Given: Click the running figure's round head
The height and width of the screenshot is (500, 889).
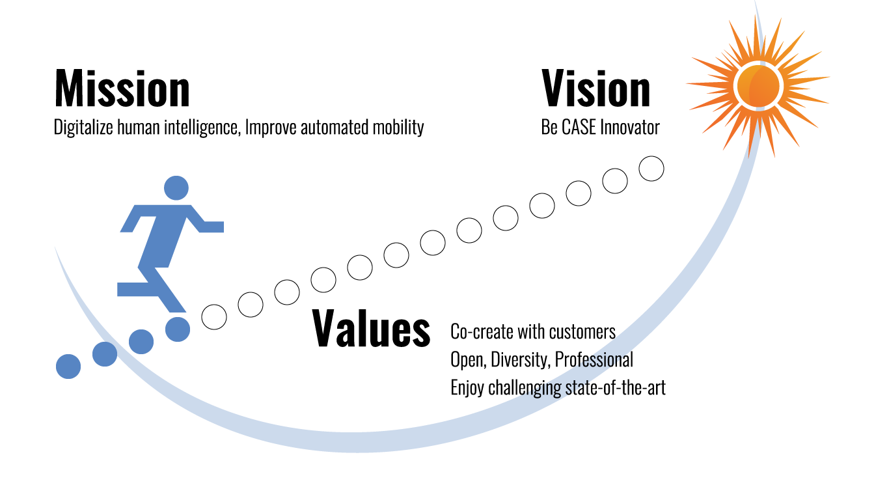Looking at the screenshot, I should (176, 188).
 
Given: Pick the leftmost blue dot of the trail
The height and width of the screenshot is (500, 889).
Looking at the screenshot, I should (68, 367).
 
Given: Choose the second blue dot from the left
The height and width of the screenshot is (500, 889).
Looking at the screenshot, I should (105, 354).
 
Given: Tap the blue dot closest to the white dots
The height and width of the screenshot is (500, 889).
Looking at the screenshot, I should (178, 329).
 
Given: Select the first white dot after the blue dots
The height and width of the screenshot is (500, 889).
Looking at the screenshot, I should (214, 317).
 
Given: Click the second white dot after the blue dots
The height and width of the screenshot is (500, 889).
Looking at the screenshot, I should (251, 305).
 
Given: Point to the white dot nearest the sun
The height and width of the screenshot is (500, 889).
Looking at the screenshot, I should (651, 169).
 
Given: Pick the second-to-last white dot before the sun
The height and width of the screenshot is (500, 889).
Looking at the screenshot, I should (615, 181).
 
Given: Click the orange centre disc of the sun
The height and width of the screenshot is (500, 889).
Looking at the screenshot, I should (758, 86).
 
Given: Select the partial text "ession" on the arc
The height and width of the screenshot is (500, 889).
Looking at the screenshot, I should (605, 360).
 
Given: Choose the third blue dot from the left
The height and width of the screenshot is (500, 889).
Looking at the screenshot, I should (141, 342).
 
